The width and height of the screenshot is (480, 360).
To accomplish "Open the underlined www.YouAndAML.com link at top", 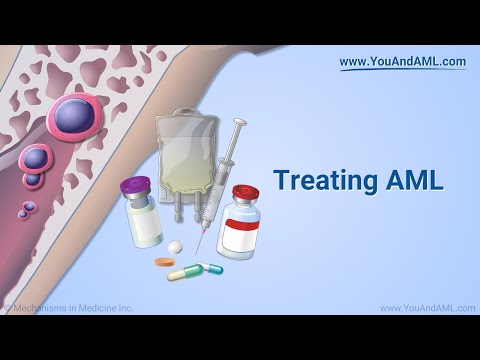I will (402, 62).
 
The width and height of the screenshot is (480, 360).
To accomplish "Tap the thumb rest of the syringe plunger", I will (239, 124).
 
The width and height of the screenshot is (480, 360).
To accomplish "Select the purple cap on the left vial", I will (134, 186).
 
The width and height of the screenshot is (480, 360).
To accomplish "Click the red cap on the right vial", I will (244, 192).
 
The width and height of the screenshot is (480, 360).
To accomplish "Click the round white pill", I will (176, 246).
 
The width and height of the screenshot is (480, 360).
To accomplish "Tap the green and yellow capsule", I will (210, 268).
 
